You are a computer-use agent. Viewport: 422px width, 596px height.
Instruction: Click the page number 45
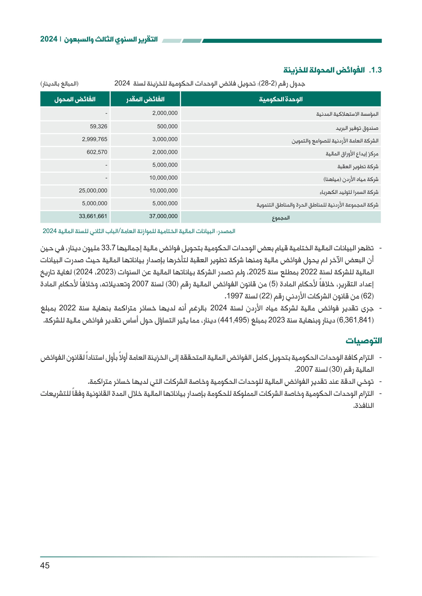click(x=45, y=565)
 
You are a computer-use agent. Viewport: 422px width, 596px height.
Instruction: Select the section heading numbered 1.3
click(x=332, y=70)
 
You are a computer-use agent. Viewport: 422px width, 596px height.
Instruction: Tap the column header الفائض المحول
click(x=75, y=99)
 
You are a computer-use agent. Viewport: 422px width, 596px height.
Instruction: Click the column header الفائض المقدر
click(x=145, y=99)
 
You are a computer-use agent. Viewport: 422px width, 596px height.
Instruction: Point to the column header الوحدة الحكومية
click(x=281, y=99)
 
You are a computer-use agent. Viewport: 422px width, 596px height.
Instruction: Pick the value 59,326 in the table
click(x=98, y=127)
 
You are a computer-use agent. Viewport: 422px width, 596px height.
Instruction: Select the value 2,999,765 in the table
click(x=95, y=139)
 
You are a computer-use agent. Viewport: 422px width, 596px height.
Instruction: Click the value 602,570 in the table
click(x=97, y=152)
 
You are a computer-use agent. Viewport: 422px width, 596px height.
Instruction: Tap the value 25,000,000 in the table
click(x=93, y=191)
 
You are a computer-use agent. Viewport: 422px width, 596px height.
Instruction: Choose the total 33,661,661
click(x=93, y=216)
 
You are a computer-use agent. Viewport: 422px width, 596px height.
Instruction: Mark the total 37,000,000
click(x=163, y=216)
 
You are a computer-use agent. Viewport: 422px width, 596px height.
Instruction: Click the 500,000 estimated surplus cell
click(x=167, y=127)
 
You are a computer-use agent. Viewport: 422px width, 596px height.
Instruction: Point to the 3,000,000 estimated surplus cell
click(x=165, y=139)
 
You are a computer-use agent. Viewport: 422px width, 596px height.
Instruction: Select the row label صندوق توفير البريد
click(x=357, y=128)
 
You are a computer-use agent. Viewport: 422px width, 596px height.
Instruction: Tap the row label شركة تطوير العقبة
click(x=357, y=166)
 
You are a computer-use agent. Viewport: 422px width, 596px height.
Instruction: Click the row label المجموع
click(x=281, y=218)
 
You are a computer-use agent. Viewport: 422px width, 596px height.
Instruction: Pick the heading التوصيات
click(x=364, y=341)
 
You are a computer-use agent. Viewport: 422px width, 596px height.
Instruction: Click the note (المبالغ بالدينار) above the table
click(x=59, y=84)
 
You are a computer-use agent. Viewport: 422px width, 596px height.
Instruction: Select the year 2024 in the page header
click(x=48, y=39)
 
